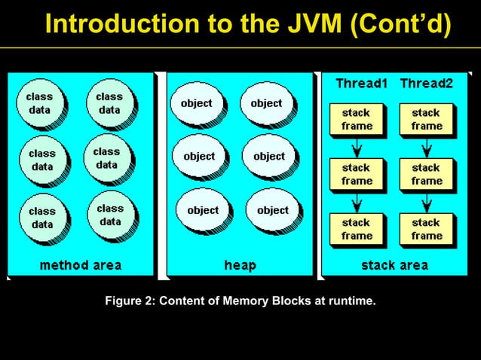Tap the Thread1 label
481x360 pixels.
coord(361,83)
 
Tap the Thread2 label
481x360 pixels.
coord(426,83)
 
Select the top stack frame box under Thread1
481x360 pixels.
coord(356,120)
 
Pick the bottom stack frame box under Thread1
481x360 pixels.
coord(356,229)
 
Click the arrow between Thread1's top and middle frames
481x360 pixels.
coord(357,147)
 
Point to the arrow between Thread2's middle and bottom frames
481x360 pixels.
coord(426,202)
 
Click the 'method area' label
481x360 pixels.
coord(80,265)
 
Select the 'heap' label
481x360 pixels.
coord(240,265)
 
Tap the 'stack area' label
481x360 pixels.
coord(394,265)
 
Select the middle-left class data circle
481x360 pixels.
coord(41,159)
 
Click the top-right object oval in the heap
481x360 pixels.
coord(265,104)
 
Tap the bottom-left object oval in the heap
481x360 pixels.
coord(202,211)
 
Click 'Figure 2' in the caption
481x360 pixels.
coord(129,302)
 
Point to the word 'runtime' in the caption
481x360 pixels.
coord(350,302)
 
